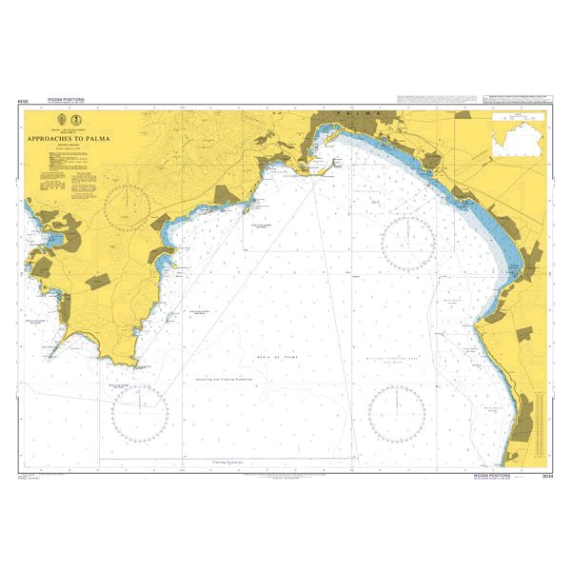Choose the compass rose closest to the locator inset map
(409, 243)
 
